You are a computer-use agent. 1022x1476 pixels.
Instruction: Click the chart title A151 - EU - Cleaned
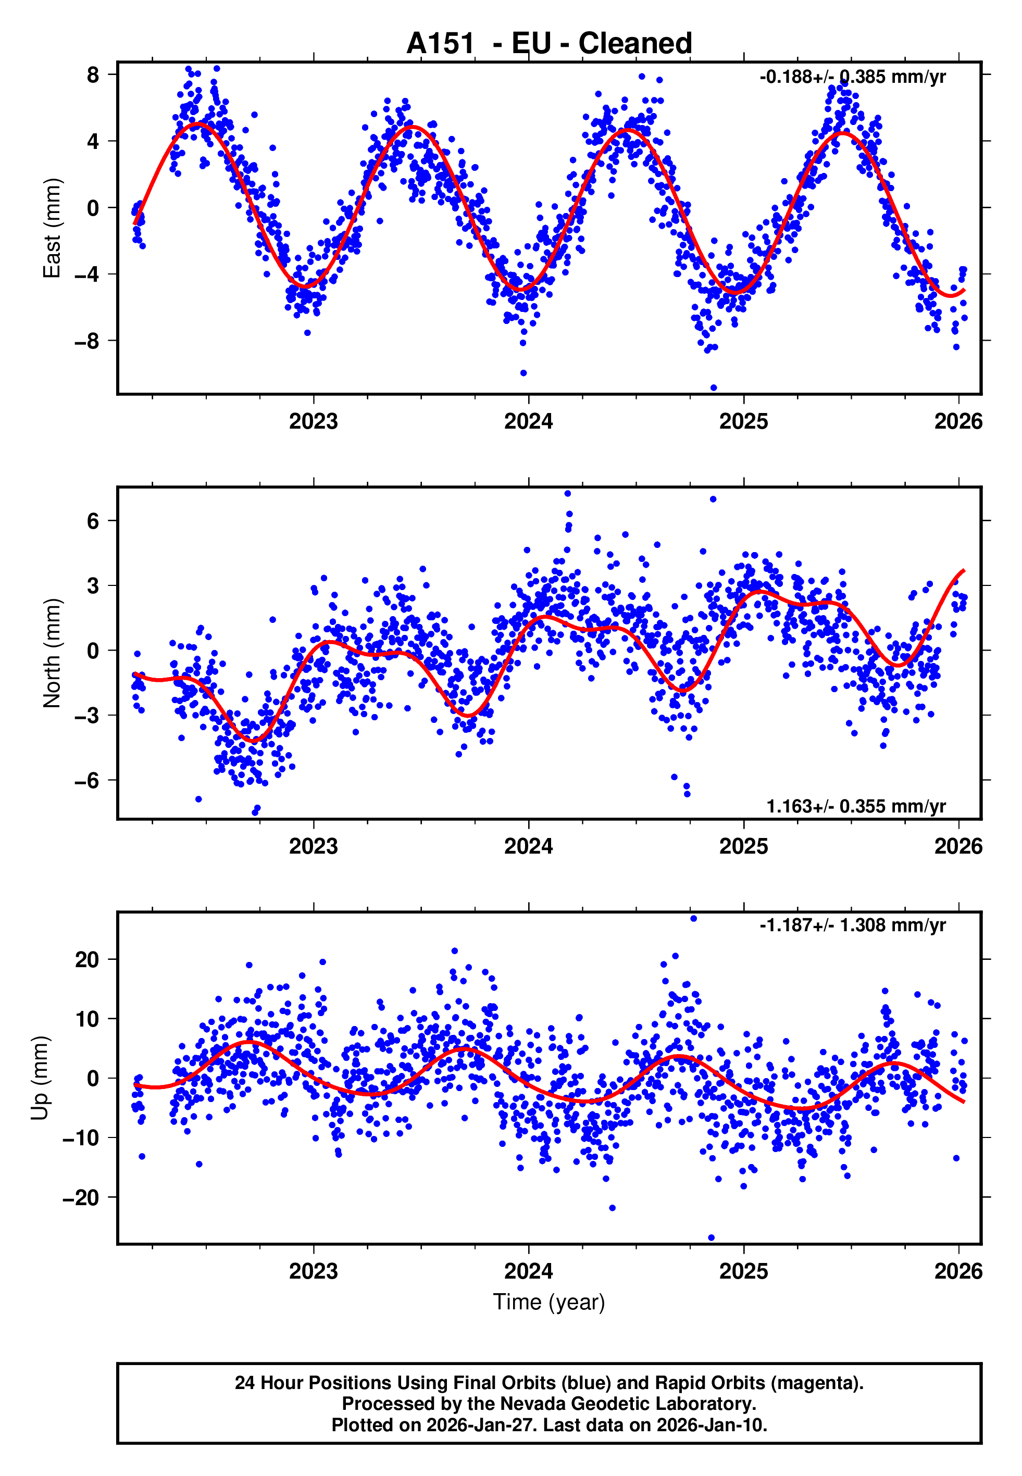[549, 44]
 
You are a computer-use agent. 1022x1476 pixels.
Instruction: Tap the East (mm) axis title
[51, 228]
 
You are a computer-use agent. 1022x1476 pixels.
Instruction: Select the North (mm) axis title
[51, 653]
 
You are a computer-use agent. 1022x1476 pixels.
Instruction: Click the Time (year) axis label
[549, 1302]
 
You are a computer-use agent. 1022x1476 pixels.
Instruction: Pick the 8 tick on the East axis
[93, 75]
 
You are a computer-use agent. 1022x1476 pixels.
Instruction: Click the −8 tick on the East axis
[87, 341]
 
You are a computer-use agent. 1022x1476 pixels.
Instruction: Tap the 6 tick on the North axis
[93, 521]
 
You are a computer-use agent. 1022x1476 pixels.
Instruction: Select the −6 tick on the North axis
[87, 780]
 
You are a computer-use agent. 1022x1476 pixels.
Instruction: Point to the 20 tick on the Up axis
[87, 959]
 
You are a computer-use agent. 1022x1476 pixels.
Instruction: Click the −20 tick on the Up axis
[81, 1197]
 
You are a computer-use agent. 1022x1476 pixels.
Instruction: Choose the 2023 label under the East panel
[313, 421]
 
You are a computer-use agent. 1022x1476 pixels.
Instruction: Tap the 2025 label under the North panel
[743, 846]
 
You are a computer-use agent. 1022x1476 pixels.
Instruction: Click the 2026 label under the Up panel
[958, 1271]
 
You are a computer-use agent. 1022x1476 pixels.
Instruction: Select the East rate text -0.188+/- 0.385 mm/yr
[852, 77]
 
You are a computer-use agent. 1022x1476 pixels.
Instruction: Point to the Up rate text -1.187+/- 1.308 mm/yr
[852, 925]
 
